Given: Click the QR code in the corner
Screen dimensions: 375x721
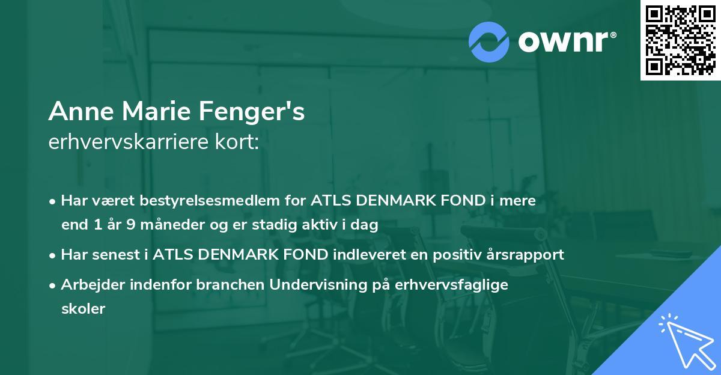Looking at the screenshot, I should click(x=680, y=40).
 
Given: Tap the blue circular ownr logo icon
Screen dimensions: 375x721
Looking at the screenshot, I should click(x=489, y=42).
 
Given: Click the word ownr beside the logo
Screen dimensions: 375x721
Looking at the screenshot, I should click(x=567, y=42).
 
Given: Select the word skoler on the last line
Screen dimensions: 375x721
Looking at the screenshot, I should click(x=83, y=309).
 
